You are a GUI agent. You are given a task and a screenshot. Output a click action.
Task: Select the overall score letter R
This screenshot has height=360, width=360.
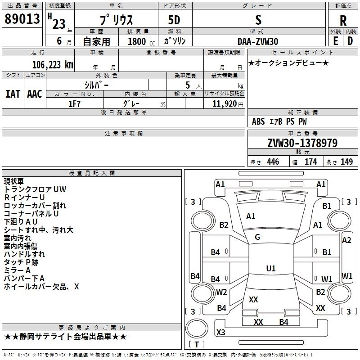343,20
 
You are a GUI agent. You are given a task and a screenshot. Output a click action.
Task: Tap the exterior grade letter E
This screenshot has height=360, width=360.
335,41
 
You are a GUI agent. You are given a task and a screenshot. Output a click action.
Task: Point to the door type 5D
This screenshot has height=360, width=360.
175,20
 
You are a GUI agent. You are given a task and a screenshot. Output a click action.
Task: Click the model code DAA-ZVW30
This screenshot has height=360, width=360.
258,41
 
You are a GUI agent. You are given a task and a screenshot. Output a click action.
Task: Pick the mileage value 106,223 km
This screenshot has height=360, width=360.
53,64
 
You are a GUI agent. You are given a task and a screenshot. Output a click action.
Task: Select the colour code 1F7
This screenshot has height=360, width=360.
74,104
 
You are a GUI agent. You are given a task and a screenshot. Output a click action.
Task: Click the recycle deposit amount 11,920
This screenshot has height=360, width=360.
224,104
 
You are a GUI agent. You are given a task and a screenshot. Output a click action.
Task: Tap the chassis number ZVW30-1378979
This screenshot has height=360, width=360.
302,143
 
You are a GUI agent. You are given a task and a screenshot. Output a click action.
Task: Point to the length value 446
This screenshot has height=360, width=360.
273,162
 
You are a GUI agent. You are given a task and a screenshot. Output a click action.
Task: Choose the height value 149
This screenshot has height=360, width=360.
346,162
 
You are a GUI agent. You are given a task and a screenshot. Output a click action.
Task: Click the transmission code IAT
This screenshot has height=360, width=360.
13,94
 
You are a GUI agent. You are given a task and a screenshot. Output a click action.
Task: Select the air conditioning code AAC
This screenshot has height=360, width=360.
35,94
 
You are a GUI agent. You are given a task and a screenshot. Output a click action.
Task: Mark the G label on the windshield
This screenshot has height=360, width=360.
257,237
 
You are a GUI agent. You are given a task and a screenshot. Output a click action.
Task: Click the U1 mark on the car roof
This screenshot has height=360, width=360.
270,269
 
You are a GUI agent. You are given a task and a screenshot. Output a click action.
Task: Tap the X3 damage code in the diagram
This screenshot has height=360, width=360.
220,332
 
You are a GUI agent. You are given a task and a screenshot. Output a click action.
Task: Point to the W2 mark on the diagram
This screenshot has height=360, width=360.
221,292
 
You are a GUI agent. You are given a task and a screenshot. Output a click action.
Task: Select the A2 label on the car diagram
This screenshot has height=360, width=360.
346,240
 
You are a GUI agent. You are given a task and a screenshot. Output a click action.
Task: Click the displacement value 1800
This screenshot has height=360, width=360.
137,41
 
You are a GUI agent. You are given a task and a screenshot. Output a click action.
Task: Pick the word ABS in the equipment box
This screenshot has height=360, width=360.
258,121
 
